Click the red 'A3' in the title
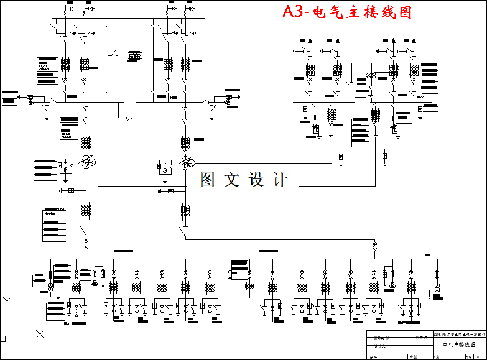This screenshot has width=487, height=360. tap(294, 12)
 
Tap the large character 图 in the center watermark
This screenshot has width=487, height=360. tap(208, 180)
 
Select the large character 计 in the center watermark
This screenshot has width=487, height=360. tap(281, 180)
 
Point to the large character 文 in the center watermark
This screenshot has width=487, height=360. tap(232, 180)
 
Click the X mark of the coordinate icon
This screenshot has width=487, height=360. tap(40, 334)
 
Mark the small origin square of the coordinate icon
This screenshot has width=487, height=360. tap(2, 338)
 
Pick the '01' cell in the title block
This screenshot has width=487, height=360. tap(478, 357)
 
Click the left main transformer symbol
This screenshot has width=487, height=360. tap(86, 162)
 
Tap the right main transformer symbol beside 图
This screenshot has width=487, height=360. tap(187, 162)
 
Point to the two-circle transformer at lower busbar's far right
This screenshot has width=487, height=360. tap(437, 287)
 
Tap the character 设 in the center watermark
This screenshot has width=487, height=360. tap(256, 180)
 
